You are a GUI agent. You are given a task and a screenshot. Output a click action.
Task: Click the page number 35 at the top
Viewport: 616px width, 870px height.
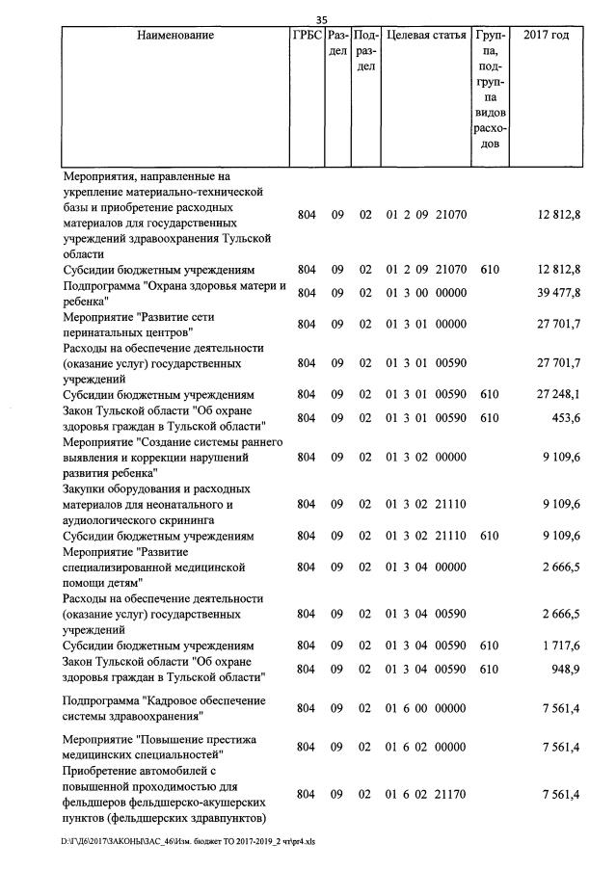coord(322,18)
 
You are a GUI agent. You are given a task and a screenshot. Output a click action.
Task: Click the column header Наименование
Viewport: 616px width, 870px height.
coord(175,36)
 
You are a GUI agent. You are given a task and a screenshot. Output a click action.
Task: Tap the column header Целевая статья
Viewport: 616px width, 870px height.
coord(425,36)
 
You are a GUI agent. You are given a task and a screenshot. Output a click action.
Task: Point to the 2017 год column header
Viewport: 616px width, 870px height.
coord(546,36)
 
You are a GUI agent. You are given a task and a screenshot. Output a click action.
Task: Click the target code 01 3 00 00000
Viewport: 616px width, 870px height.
coord(426,293)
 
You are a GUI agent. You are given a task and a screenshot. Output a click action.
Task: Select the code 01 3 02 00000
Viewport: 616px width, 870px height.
coord(426,458)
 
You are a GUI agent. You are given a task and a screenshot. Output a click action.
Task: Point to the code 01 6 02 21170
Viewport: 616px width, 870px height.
coord(426,794)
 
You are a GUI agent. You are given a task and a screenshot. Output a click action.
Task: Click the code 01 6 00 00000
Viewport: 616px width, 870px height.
coord(426,708)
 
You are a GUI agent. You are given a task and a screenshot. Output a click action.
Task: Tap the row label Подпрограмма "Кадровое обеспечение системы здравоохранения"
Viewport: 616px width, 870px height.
coord(164,708)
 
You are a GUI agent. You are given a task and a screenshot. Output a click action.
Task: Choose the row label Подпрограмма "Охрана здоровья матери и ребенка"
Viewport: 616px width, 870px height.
coord(174,293)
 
